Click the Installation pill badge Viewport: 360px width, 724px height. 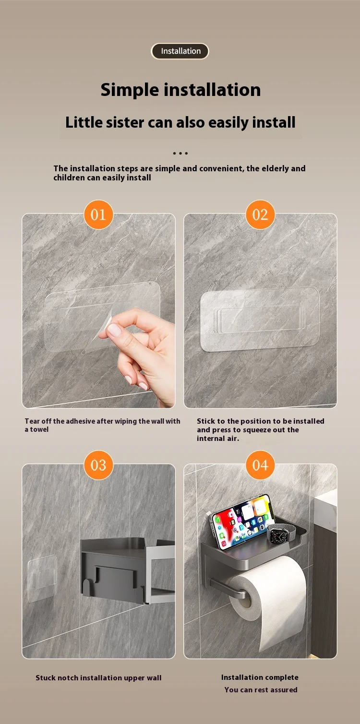[180, 51]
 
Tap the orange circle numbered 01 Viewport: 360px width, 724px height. [98, 214]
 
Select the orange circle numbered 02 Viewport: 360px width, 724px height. [260, 214]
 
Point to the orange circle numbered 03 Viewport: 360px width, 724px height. [98, 465]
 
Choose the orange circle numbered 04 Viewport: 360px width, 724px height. [260, 465]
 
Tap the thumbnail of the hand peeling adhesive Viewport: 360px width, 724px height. [99, 310]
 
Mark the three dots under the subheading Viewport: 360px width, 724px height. [180, 153]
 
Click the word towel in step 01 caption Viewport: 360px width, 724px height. [39, 429]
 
